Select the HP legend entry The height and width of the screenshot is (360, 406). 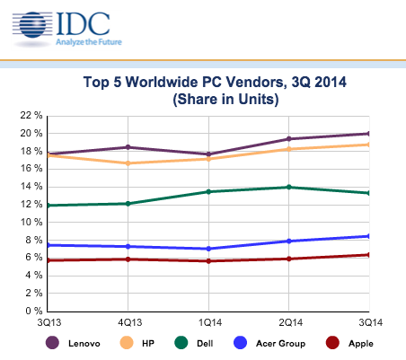pos(152,343)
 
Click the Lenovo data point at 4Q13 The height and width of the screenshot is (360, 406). pos(128,147)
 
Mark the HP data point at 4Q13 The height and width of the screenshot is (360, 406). pos(128,163)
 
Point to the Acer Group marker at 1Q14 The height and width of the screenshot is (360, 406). pos(208,249)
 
